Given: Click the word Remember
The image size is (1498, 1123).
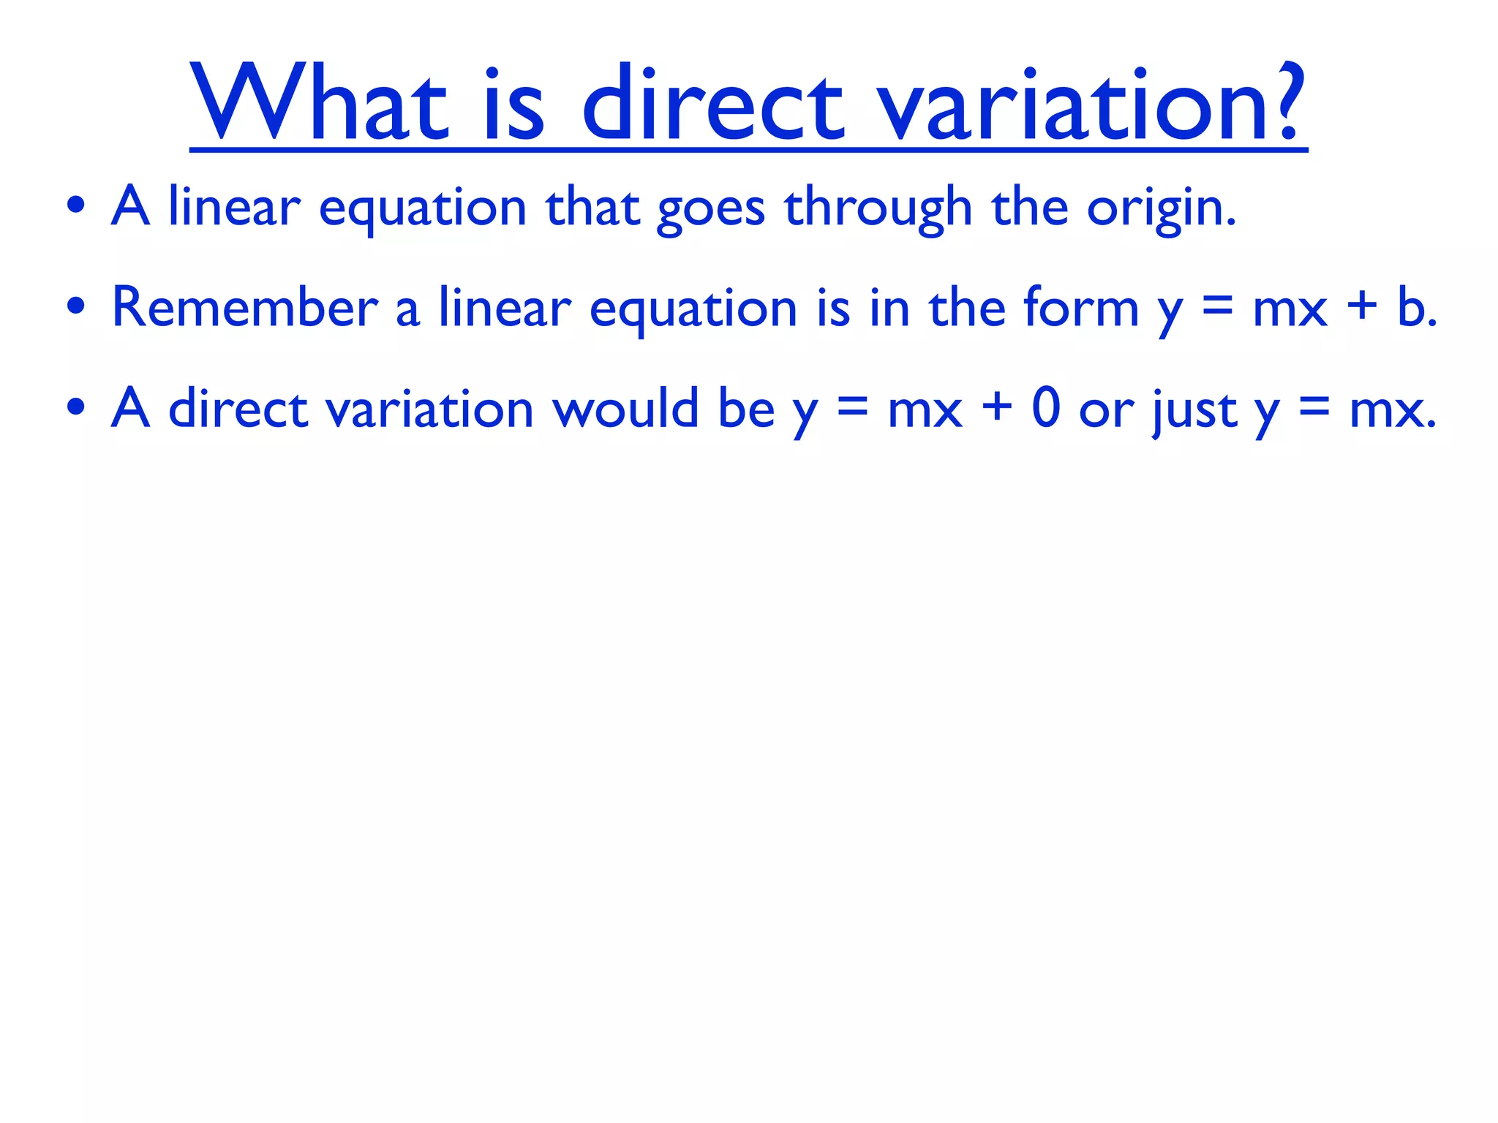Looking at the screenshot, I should click(244, 307).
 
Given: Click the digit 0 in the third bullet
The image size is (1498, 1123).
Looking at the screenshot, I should click(1045, 408).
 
